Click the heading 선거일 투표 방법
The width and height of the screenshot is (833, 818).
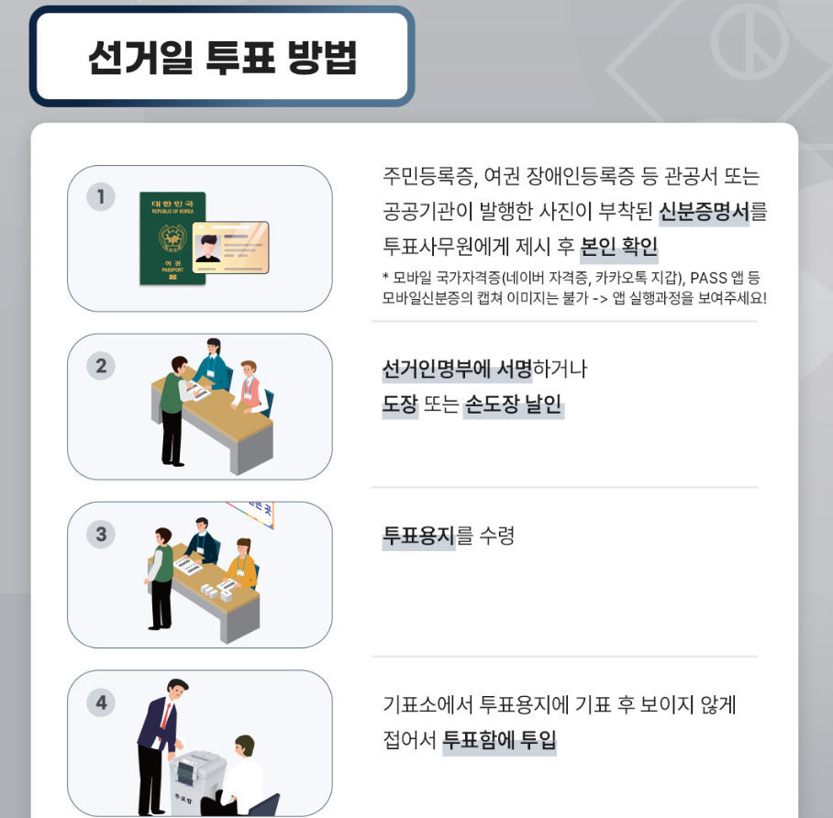point(222,57)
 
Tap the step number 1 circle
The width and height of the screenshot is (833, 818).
point(101,196)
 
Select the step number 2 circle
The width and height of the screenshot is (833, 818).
point(101,366)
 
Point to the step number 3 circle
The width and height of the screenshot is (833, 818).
point(101,534)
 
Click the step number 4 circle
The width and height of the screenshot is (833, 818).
point(101,702)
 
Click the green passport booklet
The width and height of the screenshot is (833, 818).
point(172,238)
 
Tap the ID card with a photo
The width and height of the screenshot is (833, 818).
point(230,248)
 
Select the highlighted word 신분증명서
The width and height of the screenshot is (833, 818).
point(704,212)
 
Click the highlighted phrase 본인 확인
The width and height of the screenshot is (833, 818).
point(619,248)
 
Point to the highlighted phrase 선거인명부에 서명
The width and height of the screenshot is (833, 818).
point(457,369)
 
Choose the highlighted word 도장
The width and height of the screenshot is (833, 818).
point(400,404)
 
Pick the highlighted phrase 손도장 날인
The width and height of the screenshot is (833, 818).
point(514,404)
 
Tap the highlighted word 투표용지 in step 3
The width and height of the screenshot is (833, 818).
point(418,536)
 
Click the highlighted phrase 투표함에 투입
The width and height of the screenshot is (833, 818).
point(499,740)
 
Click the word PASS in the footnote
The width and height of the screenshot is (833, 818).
point(708,278)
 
